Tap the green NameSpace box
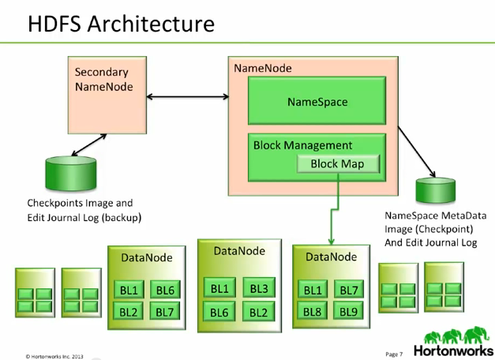pos(317,102)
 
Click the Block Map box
pos(337,163)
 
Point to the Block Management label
pos(302,145)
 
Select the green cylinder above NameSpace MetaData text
pos(436,192)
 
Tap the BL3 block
pos(258,289)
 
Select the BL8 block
pos(313,311)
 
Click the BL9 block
pos(349,311)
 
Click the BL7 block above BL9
pos(349,291)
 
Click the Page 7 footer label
pos(394,353)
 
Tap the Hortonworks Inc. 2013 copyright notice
pos(54,354)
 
